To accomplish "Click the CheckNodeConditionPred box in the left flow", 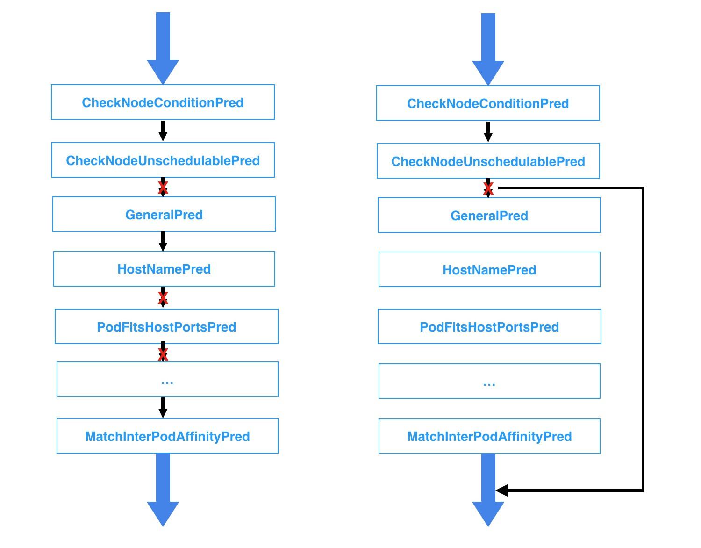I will [x=163, y=102].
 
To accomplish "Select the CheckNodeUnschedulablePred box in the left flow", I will [x=163, y=160].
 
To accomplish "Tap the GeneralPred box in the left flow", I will [x=164, y=215].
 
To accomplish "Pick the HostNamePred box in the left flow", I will [x=164, y=269].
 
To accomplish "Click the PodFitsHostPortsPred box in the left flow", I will [x=166, y=326].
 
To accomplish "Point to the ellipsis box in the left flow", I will [x=167, y=379].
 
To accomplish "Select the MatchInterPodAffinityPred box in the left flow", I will [x=167, y=436].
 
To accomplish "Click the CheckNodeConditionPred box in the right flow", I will [x=488, y=103].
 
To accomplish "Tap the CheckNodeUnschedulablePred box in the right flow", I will [x=488, y=161].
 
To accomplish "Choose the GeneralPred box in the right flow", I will [x=489, y=216].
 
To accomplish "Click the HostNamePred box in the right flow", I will [x=489, y=270].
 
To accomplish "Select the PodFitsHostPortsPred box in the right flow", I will [x=489, y=327].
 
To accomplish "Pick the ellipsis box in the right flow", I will [x=489, y=381].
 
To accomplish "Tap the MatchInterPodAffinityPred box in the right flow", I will [x=489, y=436].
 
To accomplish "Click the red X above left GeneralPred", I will [x=163, y=188].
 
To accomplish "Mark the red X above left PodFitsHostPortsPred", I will [x=163, y=298].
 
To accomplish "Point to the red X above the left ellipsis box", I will [x=163, y=354].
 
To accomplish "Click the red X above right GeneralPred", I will [x=488, y=188].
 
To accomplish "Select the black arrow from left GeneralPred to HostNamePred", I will [x=163, y=241].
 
